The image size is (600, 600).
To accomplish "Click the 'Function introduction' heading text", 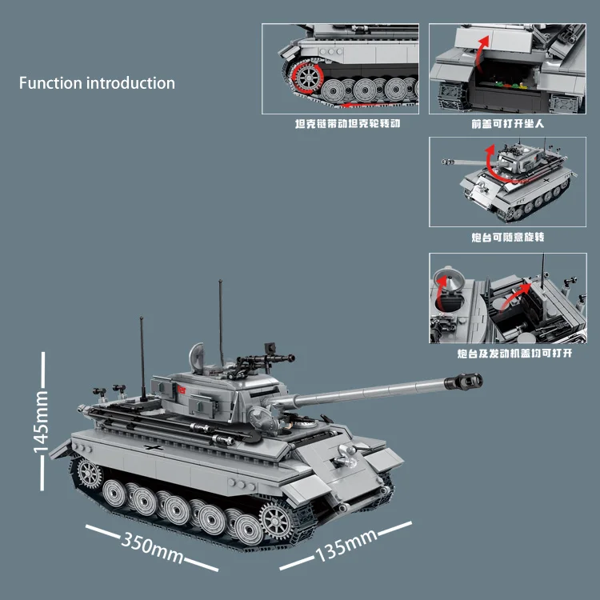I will pos(97,82).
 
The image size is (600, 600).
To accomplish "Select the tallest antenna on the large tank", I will pos(221,320).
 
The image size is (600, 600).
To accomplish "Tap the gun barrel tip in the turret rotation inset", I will pos(442,162).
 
